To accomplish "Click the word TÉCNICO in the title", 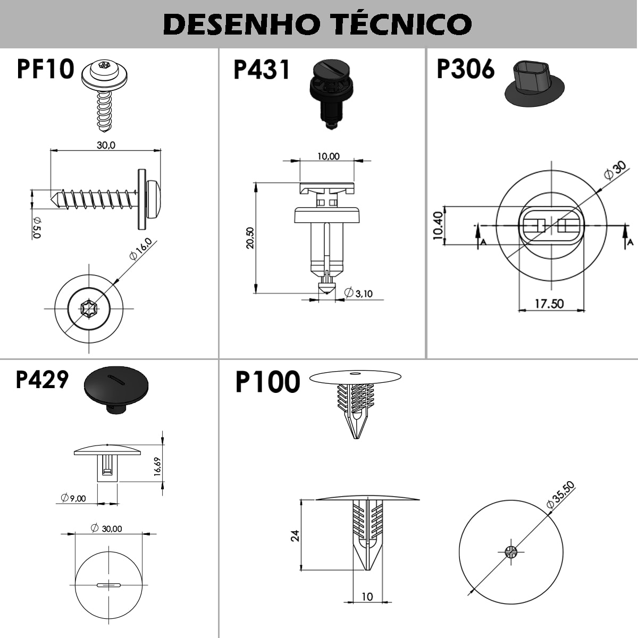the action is click(402, 24).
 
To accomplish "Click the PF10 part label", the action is click(45, 69).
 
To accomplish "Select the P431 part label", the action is click(262, 69).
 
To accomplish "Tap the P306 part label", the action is click(466, 69).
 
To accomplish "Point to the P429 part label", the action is click(42, 380).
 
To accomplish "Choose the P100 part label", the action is click(267, 382).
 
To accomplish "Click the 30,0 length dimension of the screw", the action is click(106, 145).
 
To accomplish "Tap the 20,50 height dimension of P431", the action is click(250, 238).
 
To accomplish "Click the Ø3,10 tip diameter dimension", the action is click(358, 293).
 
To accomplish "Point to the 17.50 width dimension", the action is click(549, 304).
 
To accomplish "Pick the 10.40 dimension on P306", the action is click(438, 225).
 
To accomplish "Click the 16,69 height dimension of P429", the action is click(157, 466).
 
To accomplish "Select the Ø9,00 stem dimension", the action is click(73, 498).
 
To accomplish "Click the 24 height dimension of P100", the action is click(295, 536).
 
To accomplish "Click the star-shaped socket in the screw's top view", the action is click(89, 308).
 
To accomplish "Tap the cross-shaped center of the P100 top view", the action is click(511, 551).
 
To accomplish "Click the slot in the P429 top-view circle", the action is click(108, 585).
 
